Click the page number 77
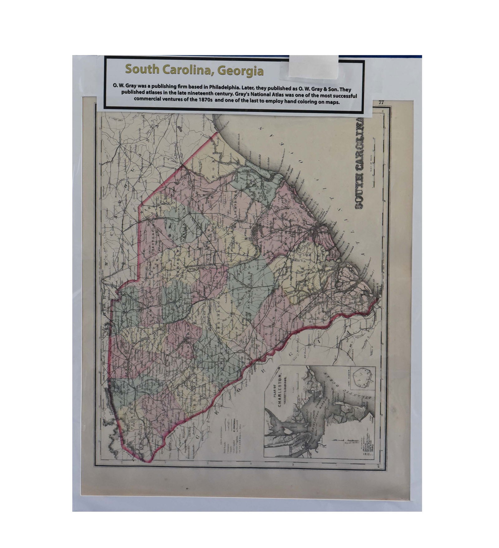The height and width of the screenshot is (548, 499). [381, 102]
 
